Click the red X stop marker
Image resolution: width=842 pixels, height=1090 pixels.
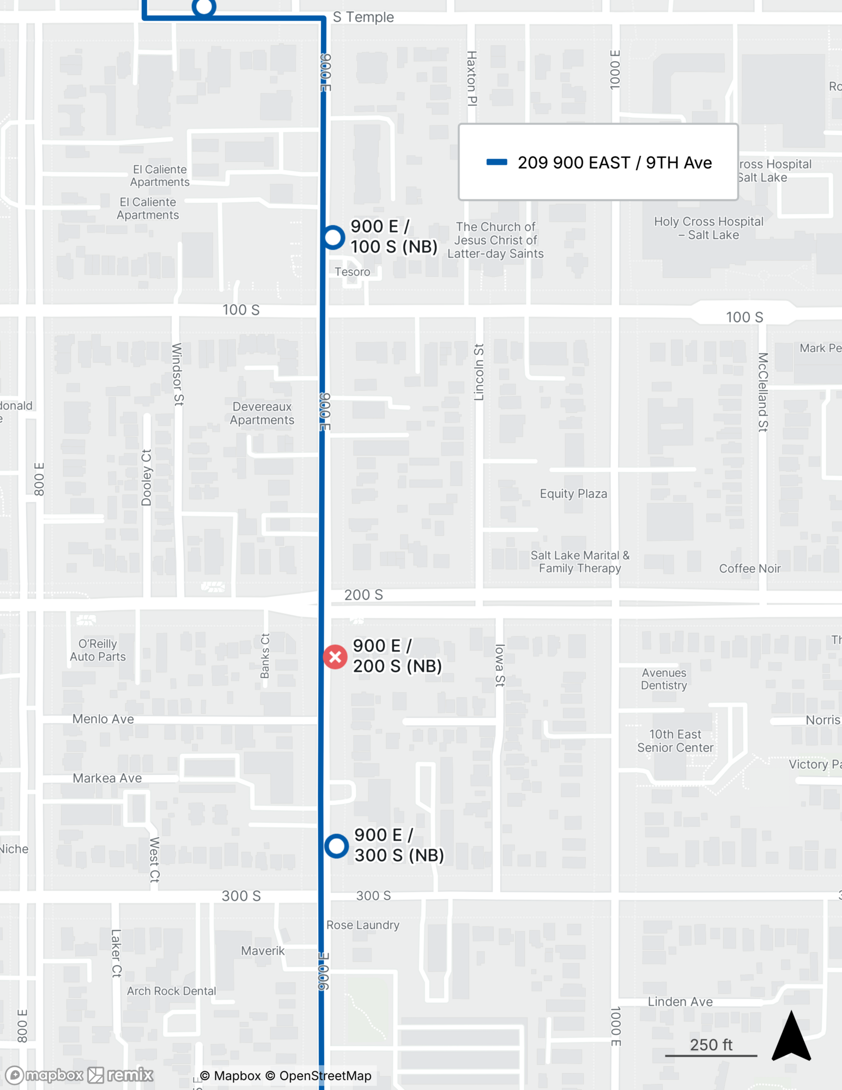coord(335,657)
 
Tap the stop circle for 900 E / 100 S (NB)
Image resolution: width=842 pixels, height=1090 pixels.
coord(333,237)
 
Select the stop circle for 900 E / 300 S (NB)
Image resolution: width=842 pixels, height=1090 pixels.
coord(336,846)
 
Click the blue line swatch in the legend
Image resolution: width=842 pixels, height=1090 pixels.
coord(496,162)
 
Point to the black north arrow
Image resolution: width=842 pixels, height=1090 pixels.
coord(791,1037)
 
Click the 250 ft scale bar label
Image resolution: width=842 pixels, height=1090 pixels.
coord(711,1045)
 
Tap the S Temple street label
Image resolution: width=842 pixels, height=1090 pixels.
coord(363,17)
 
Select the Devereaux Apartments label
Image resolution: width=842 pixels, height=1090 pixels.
coord(262,413)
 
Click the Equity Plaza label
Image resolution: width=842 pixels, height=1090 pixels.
coord(573,494)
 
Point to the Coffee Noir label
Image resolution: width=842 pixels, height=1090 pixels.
coord(750,568)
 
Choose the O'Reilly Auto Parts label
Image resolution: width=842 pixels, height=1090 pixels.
coord(98,650)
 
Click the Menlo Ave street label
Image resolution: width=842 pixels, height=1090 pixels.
coord(103,719)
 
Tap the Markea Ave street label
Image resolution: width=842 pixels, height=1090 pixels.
coord(107,778)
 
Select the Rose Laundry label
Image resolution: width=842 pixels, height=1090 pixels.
coord(363,925)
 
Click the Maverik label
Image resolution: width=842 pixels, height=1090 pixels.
coord(263,950)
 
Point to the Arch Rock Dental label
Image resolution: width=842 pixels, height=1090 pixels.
coord(172,991)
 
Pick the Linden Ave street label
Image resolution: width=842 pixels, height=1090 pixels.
coord(680,1002)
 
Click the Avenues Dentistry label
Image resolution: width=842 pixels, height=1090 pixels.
coord(664,679)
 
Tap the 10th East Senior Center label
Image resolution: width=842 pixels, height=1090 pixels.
coord(675,741)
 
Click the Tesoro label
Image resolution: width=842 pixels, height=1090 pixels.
coord(352,271)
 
